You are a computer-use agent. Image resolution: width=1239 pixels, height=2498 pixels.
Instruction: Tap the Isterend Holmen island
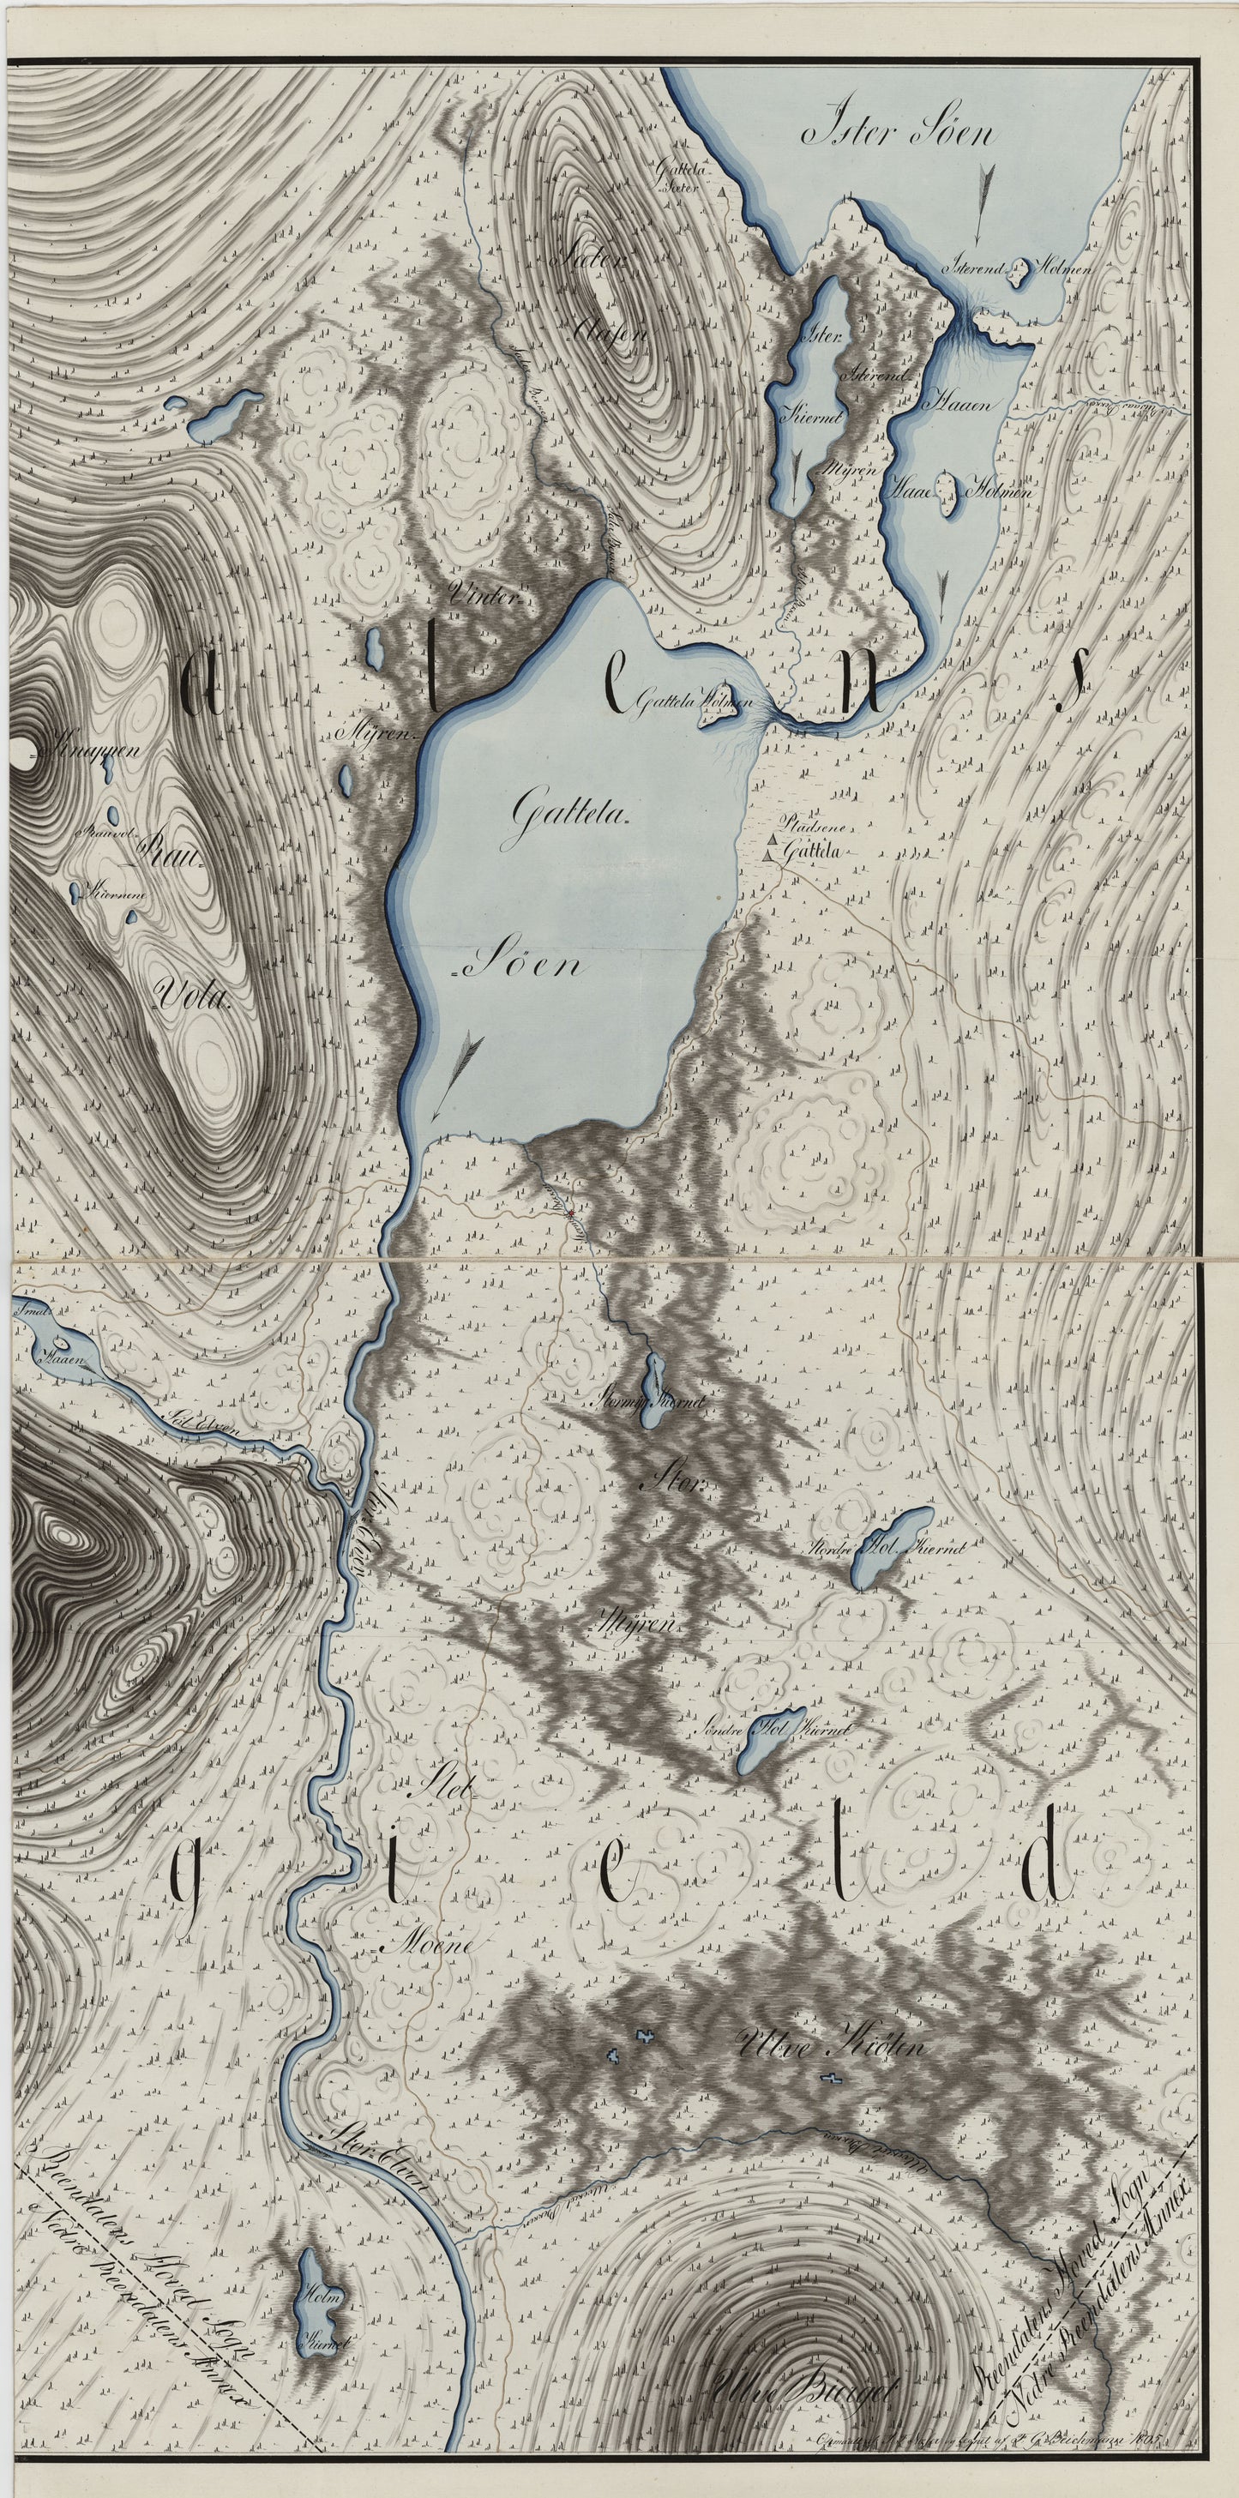click(x=1019, y=274)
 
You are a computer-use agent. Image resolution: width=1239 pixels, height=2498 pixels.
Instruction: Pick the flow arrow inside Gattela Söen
click(x=452, y=1073)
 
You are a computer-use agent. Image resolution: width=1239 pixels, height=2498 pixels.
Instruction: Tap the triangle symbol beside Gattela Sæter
click(x=722, y=194)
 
